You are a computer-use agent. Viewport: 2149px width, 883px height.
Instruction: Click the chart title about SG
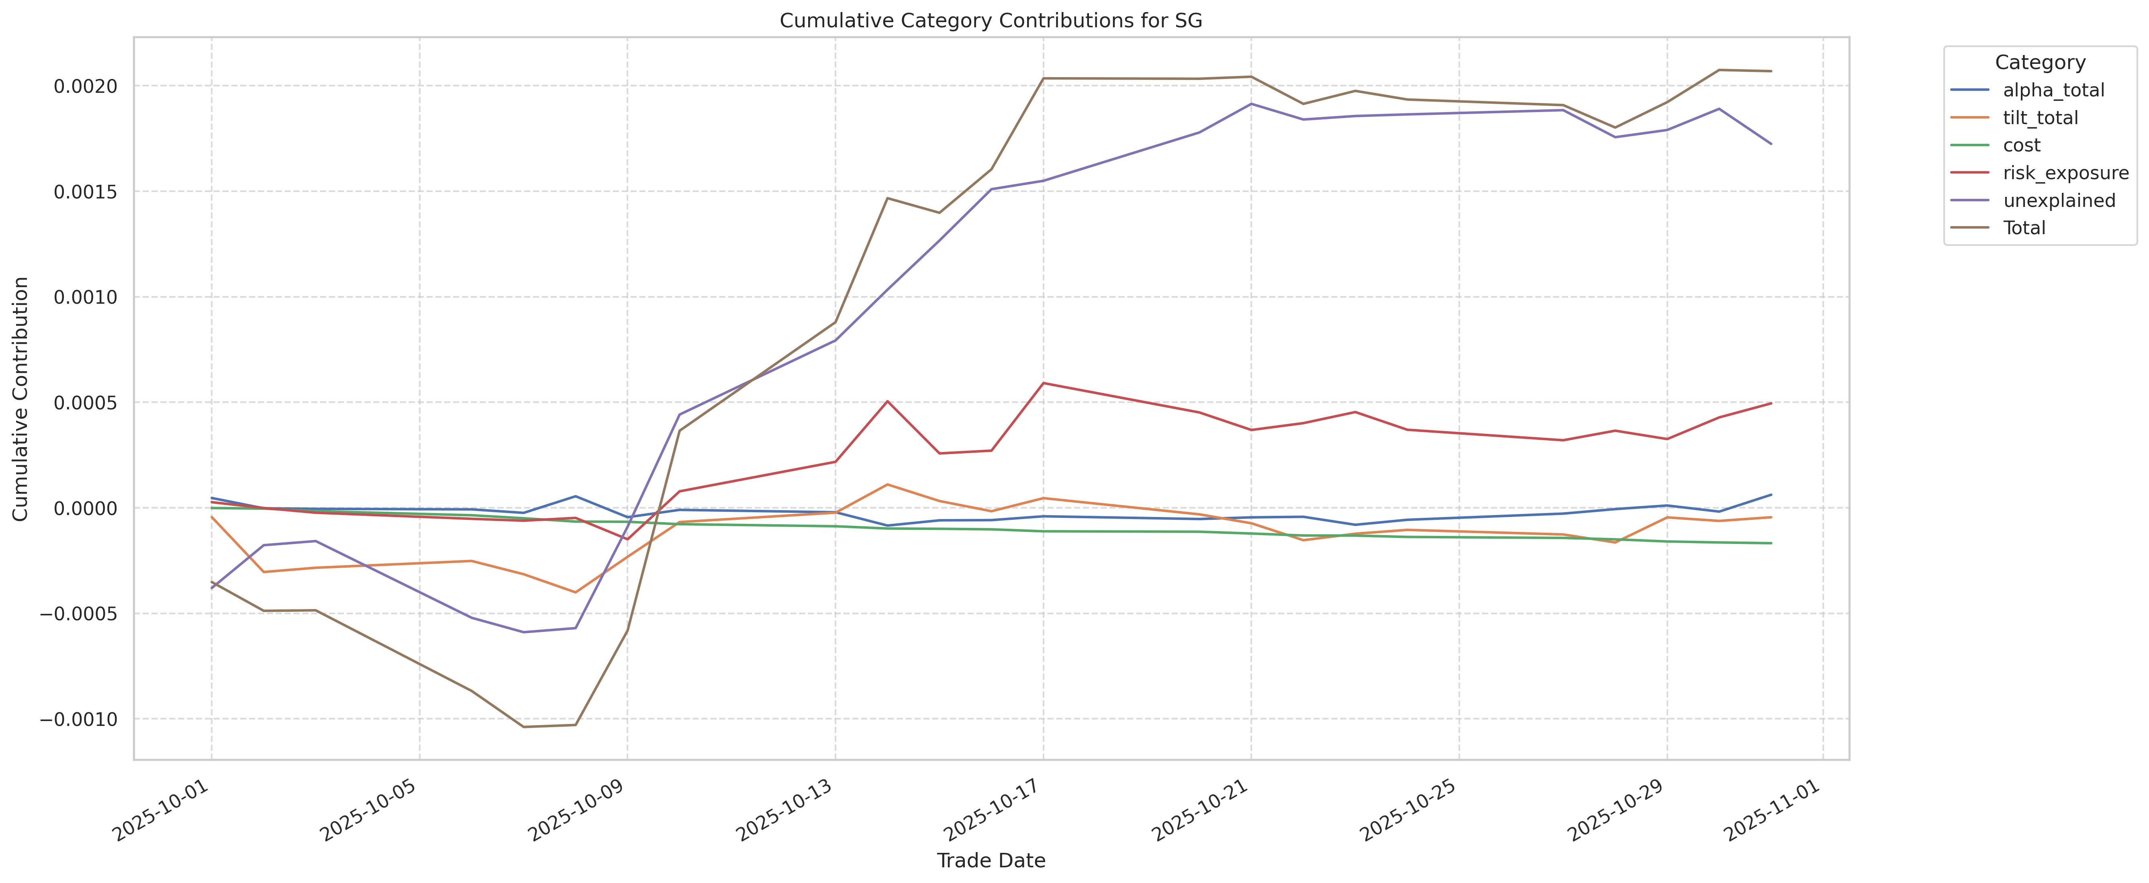[x=990, y=21]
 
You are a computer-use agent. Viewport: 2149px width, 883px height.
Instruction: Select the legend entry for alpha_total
[x=2053, y=90]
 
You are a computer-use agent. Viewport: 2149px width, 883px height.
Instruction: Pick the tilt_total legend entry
[x=2040, y=118]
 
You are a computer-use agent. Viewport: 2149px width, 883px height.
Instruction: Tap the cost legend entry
[x=2021, y=145]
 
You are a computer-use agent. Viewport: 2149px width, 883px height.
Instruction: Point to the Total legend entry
[x=2024, y=228]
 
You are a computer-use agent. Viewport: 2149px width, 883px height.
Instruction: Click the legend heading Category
[x=2040, y=63]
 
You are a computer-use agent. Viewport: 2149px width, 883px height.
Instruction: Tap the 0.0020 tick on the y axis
[x=86, y=86]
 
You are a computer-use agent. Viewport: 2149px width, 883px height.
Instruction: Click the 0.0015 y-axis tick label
[x=86, y=192]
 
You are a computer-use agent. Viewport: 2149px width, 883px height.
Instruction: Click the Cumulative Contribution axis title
[x=21, y=399]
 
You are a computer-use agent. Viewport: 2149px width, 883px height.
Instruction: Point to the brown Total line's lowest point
[x=523, y=726]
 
